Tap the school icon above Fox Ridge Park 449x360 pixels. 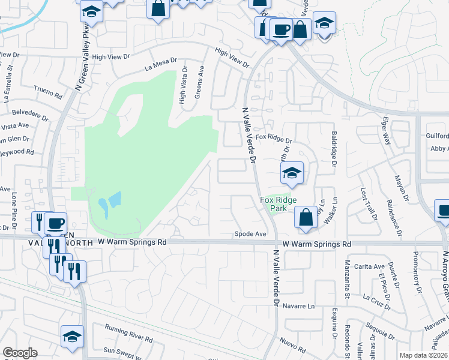point(292,173)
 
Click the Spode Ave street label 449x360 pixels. point(250,234)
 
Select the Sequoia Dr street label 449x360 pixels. point(382,328)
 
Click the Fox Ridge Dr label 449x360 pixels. point(273,138)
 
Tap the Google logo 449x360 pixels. point(20,353)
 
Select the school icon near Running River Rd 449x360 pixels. point(72,337)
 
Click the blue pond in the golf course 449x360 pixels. point(110,204)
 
